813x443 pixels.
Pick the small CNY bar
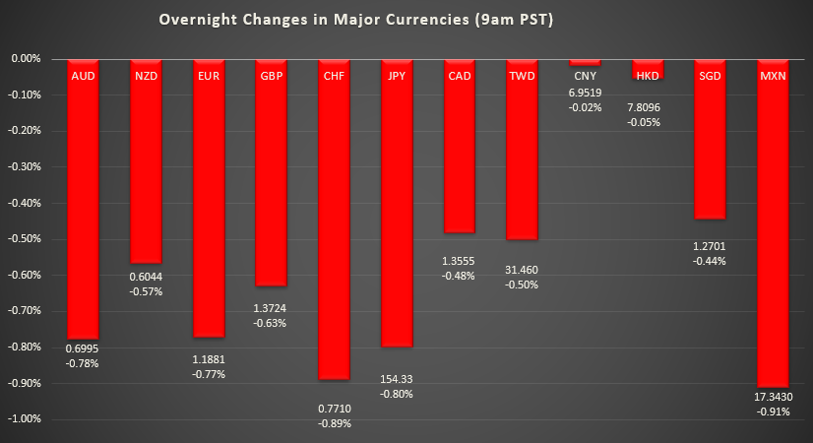point(585,62)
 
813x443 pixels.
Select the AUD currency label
point(83,76)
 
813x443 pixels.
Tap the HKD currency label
point(648,76)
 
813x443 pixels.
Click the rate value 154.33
point(398,379)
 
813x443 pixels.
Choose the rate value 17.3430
point(774,397)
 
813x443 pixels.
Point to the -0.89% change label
point(335,423)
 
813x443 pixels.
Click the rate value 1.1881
point(209,359)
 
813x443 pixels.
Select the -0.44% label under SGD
point(711,261)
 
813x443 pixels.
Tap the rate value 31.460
point(522,270)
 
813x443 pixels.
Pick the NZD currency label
point(146,76)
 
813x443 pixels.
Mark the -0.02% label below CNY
point(585,106)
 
